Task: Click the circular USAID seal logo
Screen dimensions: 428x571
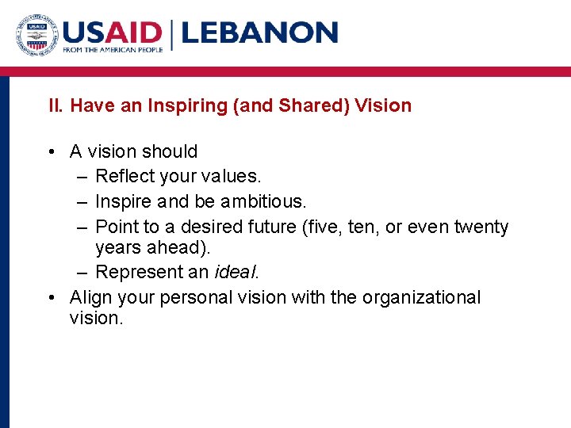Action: click(36, 33)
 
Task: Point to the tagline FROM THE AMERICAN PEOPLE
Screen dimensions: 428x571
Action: click(113, 50)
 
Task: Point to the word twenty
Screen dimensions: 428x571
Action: click(481, 227)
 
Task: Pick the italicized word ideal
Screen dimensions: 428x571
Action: click(236, 271)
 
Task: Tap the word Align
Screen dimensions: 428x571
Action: click(90, 297)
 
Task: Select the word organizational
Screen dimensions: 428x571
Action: click(421, 297)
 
